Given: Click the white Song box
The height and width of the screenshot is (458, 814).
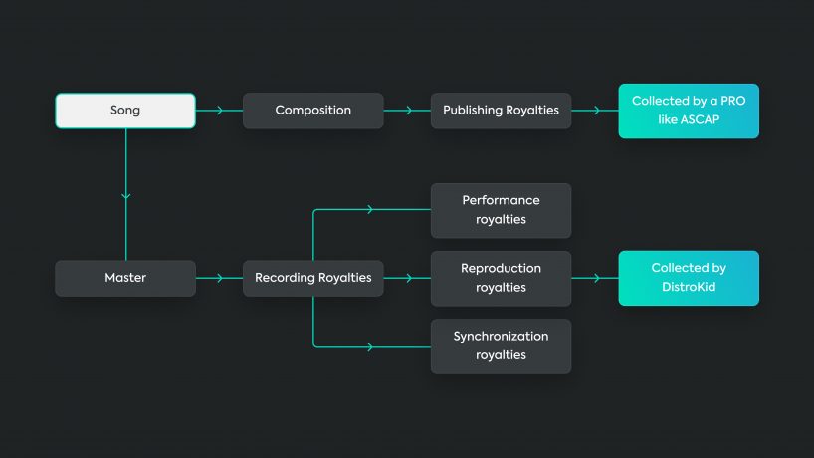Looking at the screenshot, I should tap(125, 111).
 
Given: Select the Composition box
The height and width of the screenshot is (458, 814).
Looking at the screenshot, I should tap(312, 111).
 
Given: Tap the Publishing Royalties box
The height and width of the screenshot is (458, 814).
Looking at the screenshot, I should tap(501, 111).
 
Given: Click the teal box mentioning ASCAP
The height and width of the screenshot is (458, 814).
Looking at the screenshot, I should tap(688, 111).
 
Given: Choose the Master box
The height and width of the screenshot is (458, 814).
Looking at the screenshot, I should tap(125, 278).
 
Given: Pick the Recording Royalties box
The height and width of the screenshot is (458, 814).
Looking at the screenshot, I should tap(312, 278).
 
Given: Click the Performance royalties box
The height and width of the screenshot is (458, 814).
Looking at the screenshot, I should tap(501, 210).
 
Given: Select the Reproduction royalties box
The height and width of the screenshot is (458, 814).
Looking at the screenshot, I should tap(501, 278).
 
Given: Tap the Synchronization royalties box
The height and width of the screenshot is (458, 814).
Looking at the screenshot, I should tap(501, 345).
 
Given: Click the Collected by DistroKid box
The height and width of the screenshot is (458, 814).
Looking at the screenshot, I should tap(688, 278).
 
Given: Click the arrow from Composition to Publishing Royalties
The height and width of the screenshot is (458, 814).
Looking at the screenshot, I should tap(407, 111).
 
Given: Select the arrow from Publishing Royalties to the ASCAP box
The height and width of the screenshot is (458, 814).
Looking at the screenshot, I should tap(595, 111).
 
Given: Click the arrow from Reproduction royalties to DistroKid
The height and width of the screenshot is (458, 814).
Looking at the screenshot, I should tap(595, 278).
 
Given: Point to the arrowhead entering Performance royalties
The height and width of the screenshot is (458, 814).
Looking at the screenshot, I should tap(370, 210).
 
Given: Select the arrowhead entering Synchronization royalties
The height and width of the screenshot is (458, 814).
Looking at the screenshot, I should tap(370, 346).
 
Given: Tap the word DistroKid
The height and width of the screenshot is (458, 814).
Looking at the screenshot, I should tap(688, 287).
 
